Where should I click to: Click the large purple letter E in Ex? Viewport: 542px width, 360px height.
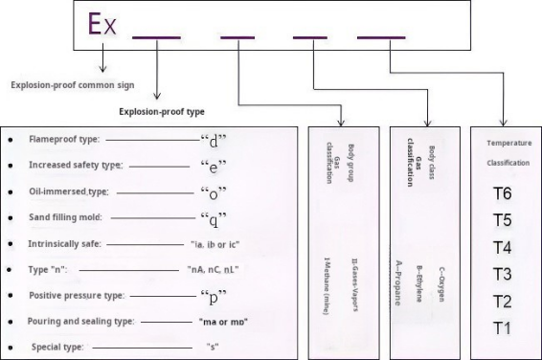point(95,23)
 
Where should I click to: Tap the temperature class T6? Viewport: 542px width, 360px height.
point(503,193)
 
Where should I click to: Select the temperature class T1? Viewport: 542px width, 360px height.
point(503,328)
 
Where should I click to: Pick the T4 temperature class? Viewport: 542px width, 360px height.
point(503,247)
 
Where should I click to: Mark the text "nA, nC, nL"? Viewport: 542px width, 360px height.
point(214,270)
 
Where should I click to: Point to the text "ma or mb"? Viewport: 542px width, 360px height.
point(222,320)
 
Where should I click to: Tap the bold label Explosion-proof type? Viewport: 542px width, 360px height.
point(162,111)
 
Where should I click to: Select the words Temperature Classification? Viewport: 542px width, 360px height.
point(508,152)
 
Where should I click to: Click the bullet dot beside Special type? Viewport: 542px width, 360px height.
point(10,346)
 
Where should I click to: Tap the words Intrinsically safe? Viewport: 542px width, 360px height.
point(65,244)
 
